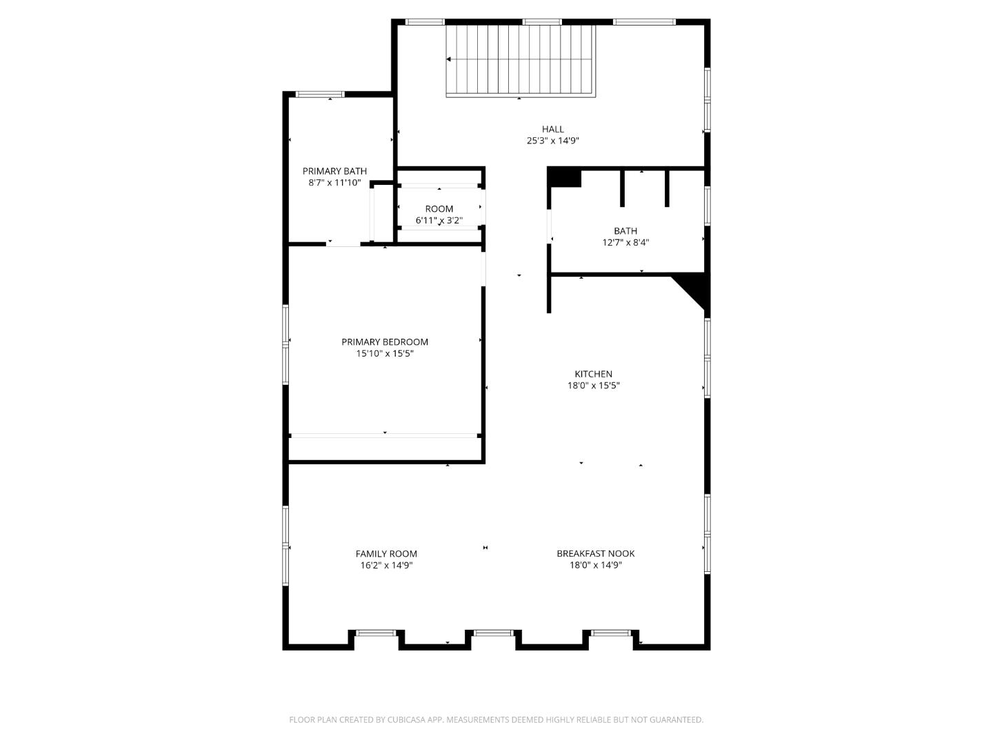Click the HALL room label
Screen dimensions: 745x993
coord(552,129)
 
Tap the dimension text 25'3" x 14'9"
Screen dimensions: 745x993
coord(552,141)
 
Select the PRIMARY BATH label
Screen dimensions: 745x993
coord(334,171)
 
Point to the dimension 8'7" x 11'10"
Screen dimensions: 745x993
coord(334,183)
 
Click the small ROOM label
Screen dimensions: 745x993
coord(439,209)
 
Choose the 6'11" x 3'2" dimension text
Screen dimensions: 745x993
coord(439,221)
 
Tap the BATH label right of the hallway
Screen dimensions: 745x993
coord(625,231)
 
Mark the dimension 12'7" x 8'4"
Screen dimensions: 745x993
coord(625,243)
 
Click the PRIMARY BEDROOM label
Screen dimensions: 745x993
coord(385,342)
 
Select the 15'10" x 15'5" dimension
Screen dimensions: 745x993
coord(385,354)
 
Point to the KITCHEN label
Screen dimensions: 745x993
coord(594,374)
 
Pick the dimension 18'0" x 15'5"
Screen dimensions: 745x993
coord(594,386)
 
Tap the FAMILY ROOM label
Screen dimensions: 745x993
coord(386,553)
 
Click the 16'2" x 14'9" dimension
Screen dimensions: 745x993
coord(386,565)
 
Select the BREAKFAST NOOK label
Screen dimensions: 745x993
coord(596,553)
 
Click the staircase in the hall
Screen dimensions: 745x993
coord(521,61)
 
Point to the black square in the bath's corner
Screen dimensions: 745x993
coord(565,177)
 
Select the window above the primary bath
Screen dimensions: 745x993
coord(320,95)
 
